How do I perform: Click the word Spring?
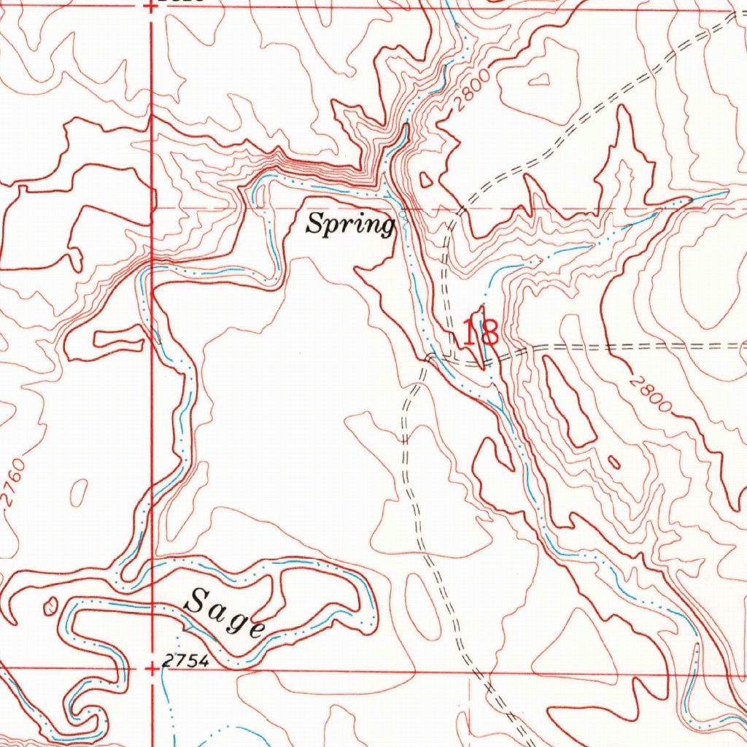tap(350, 223)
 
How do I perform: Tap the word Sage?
tap(225, 613)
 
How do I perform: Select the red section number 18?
tap(480, 333)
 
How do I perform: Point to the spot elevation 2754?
tap(185, 661)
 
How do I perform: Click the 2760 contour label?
tap(15, 482)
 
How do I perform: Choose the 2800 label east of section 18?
tap(649, 394)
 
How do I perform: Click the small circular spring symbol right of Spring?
tap(403, 216)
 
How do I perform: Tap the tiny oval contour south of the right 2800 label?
tap(614, 462)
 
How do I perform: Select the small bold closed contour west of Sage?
tap(50, 604)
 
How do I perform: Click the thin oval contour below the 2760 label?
tap(79, 493)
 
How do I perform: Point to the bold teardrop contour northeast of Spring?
tap(426, 179)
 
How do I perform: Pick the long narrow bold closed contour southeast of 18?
tap(568, 403)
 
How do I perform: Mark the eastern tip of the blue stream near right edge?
tap(727, 193)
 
